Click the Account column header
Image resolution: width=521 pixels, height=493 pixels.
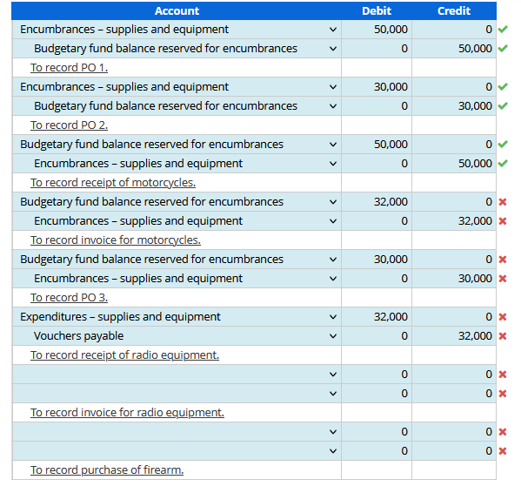(x=177, y=10)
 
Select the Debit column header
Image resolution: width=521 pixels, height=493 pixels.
(x=376, y=10)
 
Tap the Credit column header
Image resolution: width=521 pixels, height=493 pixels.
(x=453, y=10)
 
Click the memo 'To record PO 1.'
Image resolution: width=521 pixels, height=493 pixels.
(x=69, y=68)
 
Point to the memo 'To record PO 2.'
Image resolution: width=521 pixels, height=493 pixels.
(x=69, y=125)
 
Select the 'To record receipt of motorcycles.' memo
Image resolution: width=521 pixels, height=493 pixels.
(x=113, y=183)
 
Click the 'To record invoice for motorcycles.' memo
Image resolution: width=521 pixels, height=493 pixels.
(x=116, y=240)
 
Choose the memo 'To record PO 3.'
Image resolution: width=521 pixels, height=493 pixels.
(x=69, y=298)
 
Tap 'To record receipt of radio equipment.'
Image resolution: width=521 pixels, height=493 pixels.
(x=124, y=355)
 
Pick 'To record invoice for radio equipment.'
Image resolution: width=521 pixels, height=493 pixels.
(x=127, y=413)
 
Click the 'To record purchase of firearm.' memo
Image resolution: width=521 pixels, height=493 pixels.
(x=107, y=470)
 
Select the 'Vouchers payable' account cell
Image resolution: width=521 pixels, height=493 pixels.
(x=78, y=336)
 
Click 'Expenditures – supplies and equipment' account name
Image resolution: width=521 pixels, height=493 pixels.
(x=120, y=317)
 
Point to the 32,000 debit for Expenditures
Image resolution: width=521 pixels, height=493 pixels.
(x=391, y=317)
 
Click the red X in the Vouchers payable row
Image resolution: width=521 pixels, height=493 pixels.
(x=503, y=336)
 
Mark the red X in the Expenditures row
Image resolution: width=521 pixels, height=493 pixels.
(x=503, y=317)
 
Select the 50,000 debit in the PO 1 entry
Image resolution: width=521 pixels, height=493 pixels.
(x=391, y=30)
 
